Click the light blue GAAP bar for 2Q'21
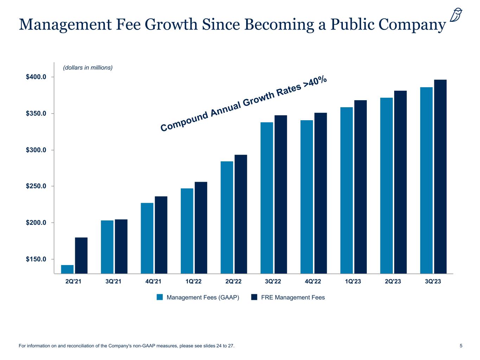(67, 269)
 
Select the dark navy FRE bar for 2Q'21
(81, 256)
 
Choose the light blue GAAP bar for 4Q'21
(147, 238)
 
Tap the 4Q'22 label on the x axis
(313, 282)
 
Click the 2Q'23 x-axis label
(393, 282)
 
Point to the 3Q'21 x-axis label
(114, 282)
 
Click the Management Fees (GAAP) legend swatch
(160, 297)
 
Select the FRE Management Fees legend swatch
(255, 297)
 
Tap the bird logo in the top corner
(456, 15)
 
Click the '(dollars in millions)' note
(88, 67)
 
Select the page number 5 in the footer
(461, 346)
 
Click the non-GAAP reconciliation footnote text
(126, 346)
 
